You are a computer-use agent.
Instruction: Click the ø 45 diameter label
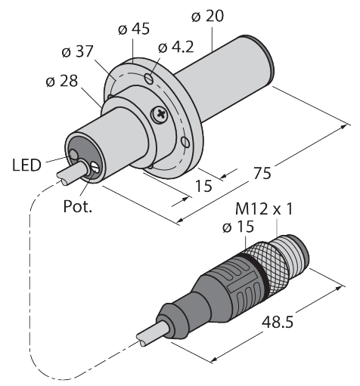(135, 29)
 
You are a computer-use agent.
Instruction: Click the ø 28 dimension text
(61, 82)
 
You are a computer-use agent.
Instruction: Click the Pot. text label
(77, 205)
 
